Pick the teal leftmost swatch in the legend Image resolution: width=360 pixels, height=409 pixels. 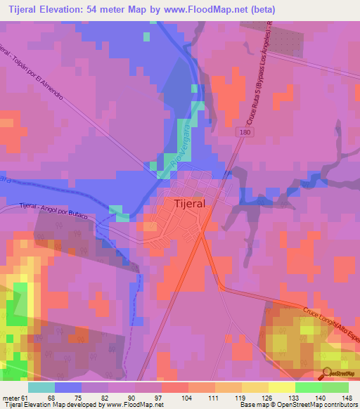tap(41, 387)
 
